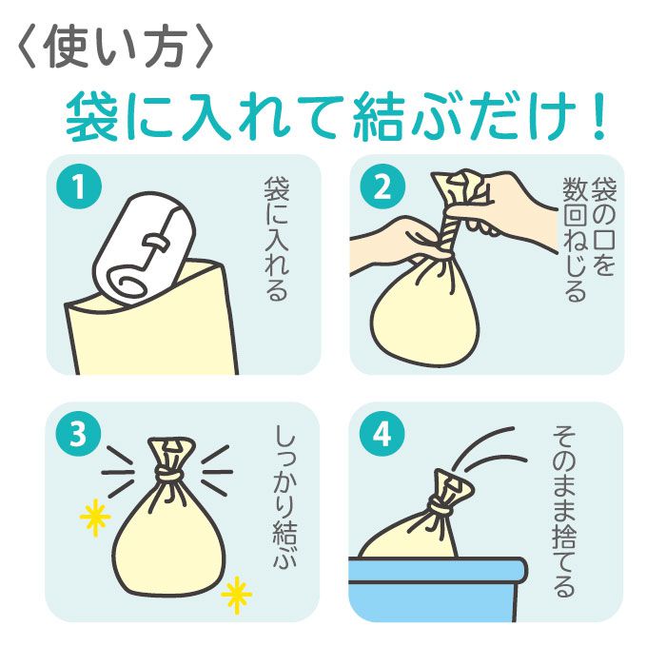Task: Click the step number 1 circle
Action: coord(79,186)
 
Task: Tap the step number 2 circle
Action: coord(382,186)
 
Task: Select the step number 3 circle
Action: coord(79,434)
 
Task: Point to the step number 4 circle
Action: coord(382,434)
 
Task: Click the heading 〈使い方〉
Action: coord(115,48)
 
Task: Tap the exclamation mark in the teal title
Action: coord(598,115)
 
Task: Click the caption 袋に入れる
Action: coord(277,239)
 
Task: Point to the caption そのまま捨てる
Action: coord(564,511)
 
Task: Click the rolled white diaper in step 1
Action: coord(145,248)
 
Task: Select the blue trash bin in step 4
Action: coord(438,588)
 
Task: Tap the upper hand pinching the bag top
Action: coord(510,208)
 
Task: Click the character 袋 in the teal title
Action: coord(91,115)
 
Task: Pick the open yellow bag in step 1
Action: coord(150,321)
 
